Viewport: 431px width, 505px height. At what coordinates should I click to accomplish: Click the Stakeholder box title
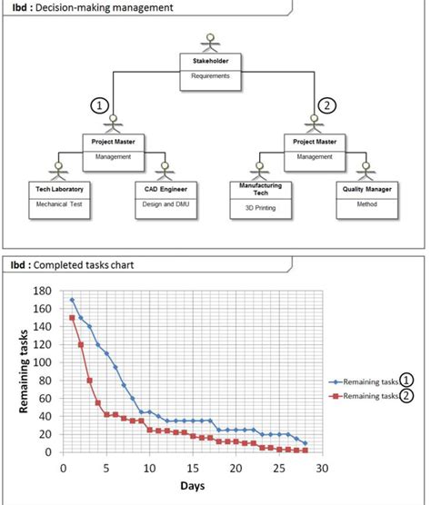pos(210,61)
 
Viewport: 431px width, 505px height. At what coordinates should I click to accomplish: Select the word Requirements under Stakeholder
pos(210,76)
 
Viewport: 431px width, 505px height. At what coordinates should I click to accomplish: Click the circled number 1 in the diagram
pos(101,105)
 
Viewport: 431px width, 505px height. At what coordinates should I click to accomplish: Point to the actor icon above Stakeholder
pos(210,41)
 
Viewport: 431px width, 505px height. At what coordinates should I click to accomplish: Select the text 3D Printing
pos(261,208)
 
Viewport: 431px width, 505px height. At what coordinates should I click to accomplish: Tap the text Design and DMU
pos(165,204)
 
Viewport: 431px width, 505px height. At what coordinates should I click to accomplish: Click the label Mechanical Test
pos(59,204)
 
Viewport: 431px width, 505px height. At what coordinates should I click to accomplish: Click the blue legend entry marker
pos(336,381)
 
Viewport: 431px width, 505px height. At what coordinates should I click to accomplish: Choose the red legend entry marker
pos(336,396)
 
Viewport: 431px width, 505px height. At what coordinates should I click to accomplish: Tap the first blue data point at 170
pos(72,300)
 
